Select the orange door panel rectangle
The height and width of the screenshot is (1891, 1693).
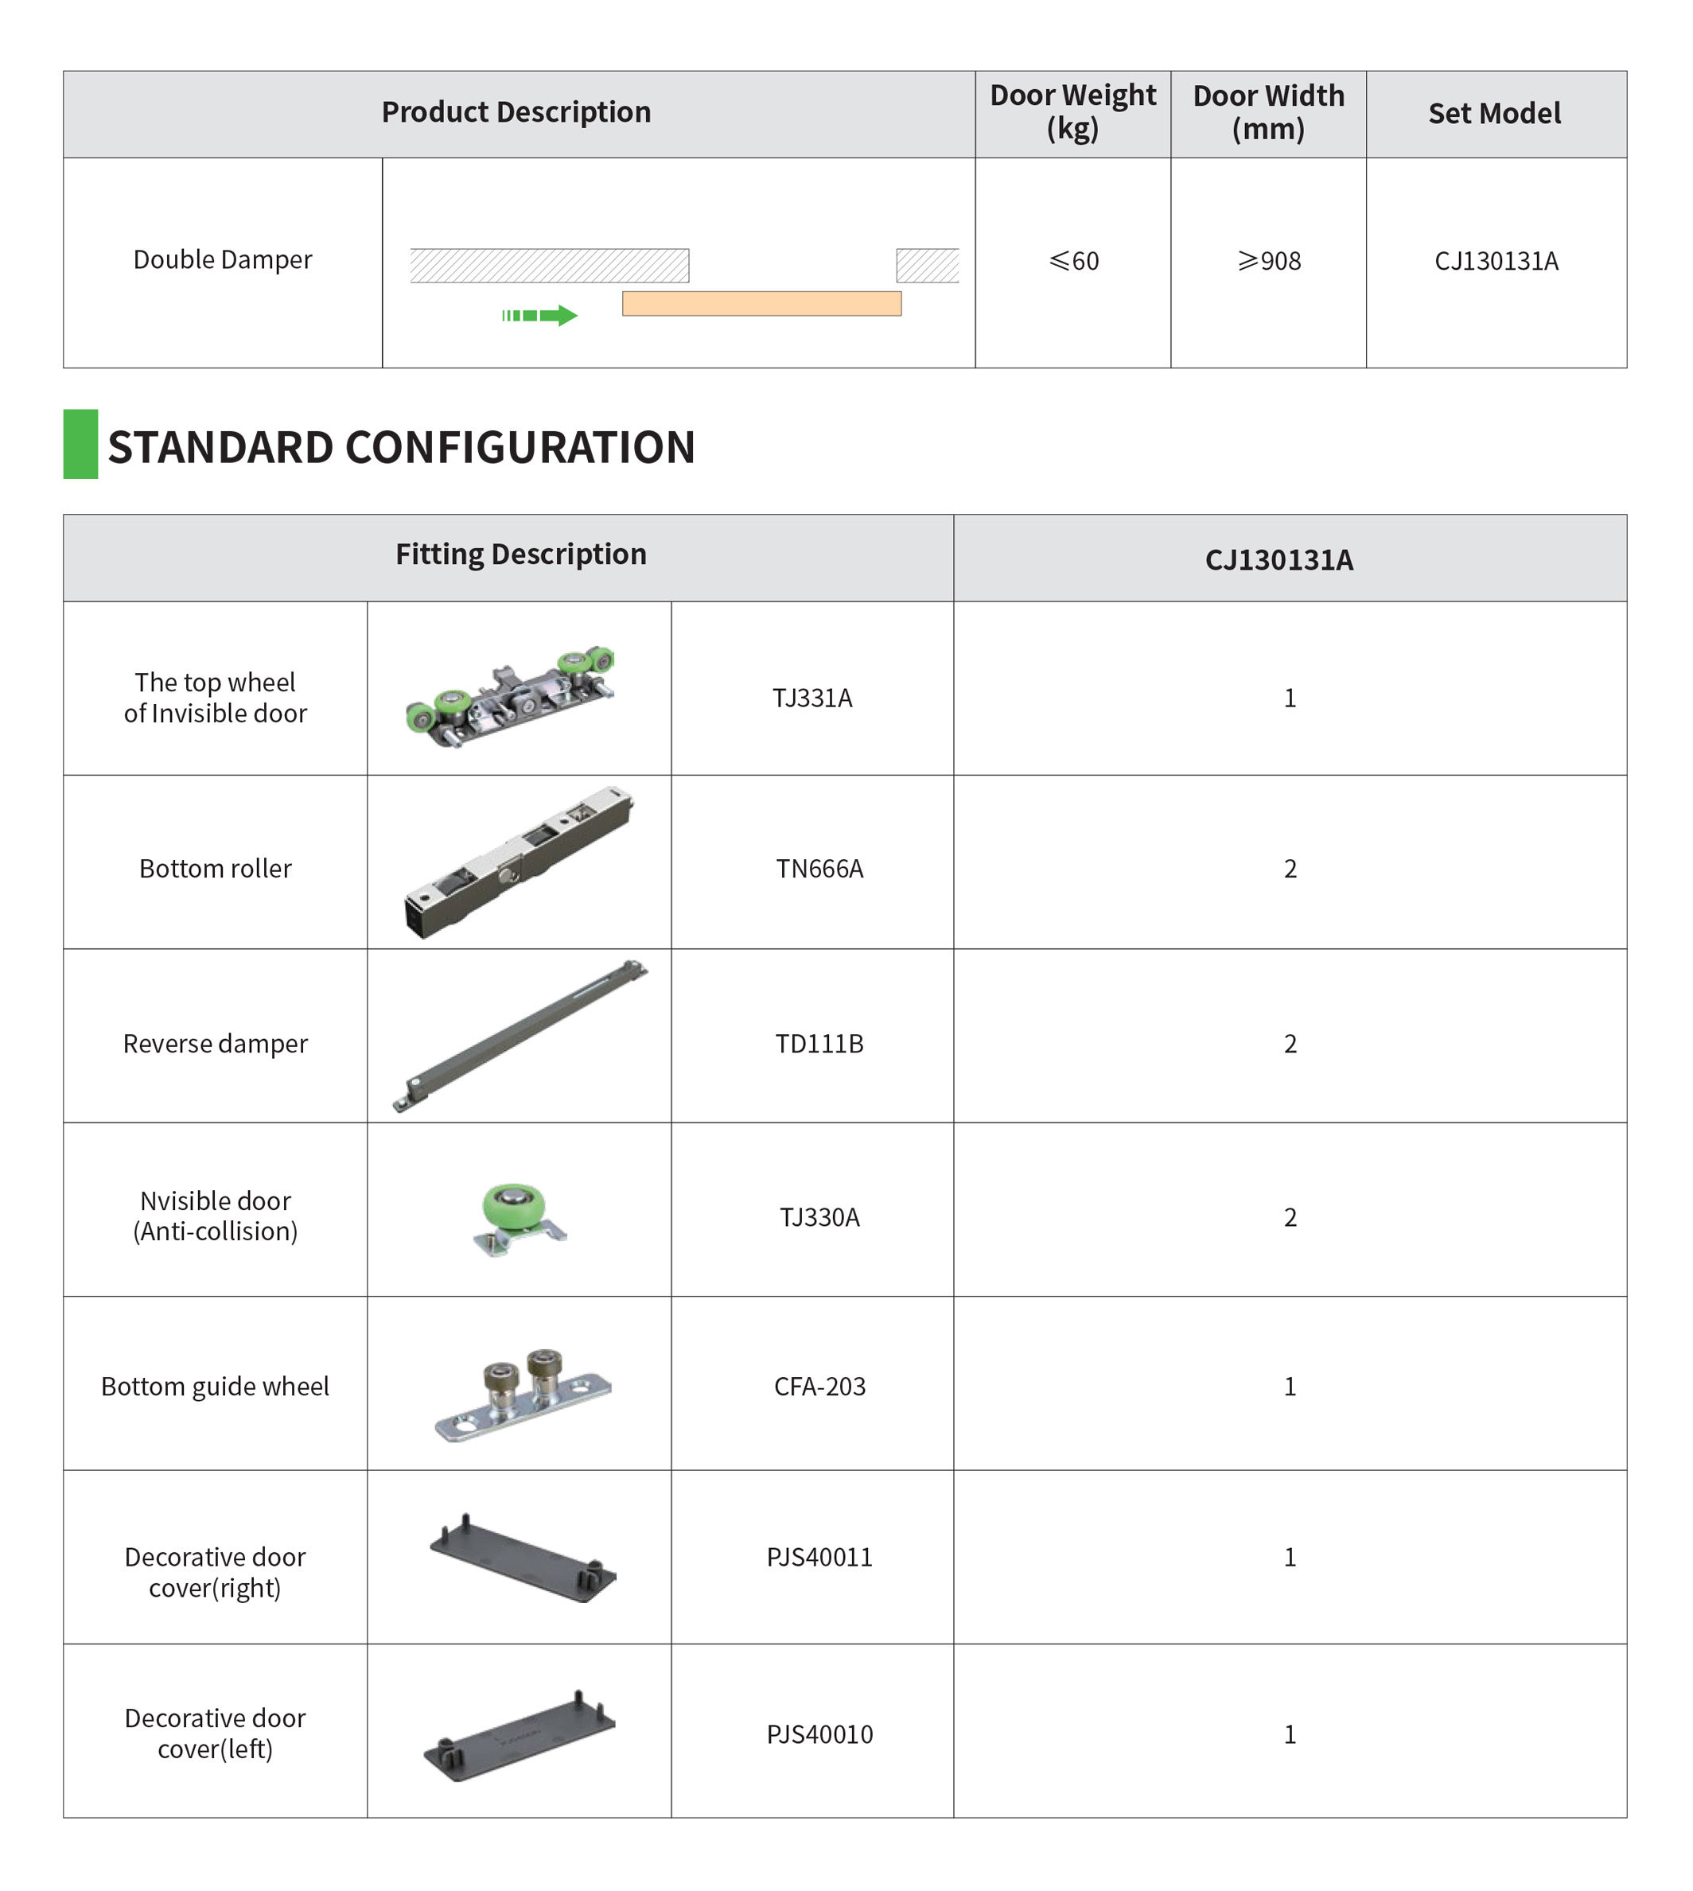click(x=762, y=304)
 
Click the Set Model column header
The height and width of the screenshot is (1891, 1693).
click(x=1495, y=114)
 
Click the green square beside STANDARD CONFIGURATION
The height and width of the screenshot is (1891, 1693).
click(x=81, y=445)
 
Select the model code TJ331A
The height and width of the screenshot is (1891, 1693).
click(x=812, y=698)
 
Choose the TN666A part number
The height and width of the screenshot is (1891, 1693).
click(x=819, y=869)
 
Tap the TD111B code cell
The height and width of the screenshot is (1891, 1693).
click(x=819, y=1044)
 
